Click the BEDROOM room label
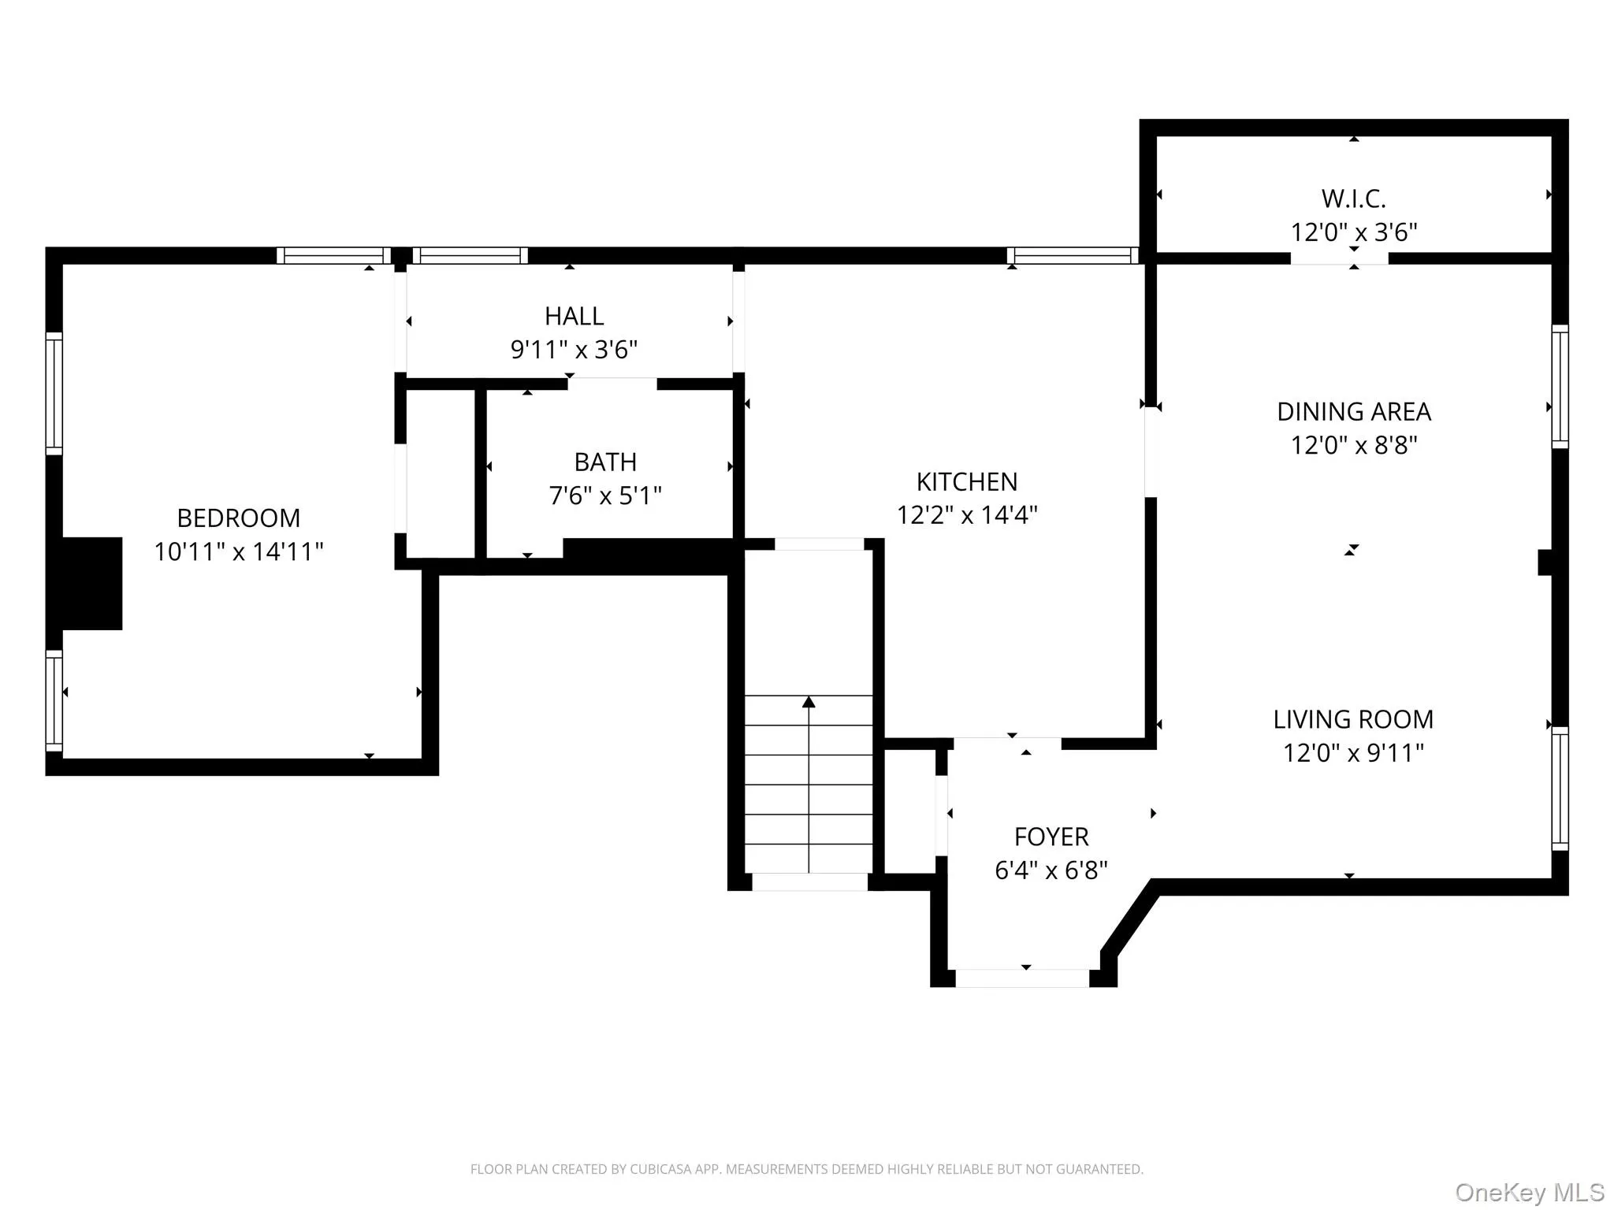click(x=238, y=518)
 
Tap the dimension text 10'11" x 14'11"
click(x=238, y=551)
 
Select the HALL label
click(x=574, y=316)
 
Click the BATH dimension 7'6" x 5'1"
click(x=604, y=496)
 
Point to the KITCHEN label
click(x=966, y=481)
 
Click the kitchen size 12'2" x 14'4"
click(x=966, y=515)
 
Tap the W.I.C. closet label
click(x=1353, y=199)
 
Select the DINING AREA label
click(x=1353, y=411)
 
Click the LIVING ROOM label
click(x=1353, y=719)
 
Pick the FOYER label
click(x=1051, y=837)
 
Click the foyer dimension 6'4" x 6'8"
click(x=1051, y=870)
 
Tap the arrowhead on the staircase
click(x=809, y=702)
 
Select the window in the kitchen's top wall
click(x=1072, y=255)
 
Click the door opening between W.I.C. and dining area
click(x=1339, y=258)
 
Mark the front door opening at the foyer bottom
click(x=1022, y=978)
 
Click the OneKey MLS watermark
click(x=1529, y=1192)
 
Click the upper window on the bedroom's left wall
click(x=54, y=393)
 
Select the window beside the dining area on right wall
click(x=1560, y=386)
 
